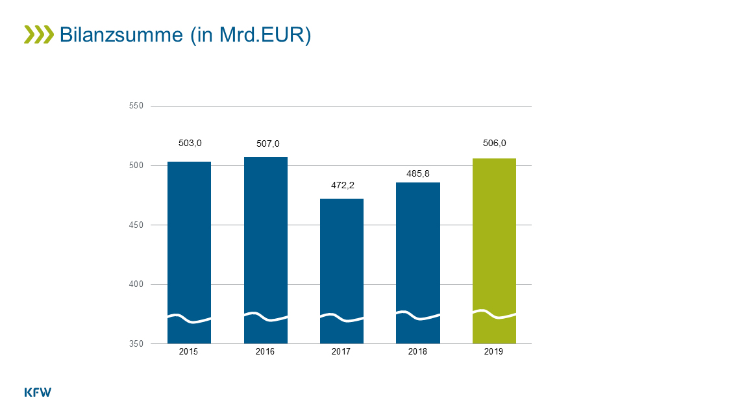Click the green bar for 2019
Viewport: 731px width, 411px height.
tap(494, 251)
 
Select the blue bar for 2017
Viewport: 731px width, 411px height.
tap(341, 271)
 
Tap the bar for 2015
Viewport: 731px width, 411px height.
tap(190, 253)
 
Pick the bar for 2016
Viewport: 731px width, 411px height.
tap(266, 251)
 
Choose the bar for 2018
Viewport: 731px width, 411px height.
tap(418, 263)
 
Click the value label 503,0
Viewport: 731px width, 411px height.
tap(190, 143)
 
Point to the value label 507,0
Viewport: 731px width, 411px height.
tap(268, 143)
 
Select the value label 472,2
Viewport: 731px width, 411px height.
tap(343, 185)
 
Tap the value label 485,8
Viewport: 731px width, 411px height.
tap(418, 173)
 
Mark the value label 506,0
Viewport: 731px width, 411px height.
tap(495, 143)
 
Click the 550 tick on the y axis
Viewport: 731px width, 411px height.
tap(136, 106)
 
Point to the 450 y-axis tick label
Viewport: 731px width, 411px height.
tap(136, 225)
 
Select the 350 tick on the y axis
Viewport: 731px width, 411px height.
tap(136, 344)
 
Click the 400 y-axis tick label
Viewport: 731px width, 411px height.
tap(136, 284)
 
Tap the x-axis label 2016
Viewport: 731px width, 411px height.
tap(266, 352)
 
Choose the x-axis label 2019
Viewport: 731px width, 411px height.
tap(493, 352)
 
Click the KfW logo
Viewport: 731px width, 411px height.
tap(38, 392)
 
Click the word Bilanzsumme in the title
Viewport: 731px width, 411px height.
tap(121, 35)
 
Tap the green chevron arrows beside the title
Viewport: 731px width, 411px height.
tap(39, 35)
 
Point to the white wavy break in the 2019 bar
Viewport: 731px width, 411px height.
tap(494, 314)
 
